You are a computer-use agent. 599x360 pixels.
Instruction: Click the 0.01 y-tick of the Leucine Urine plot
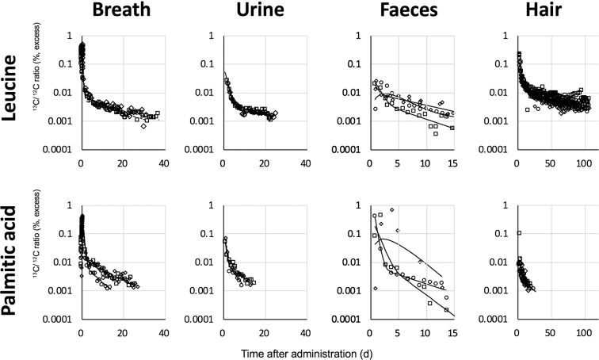coord(208,93)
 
